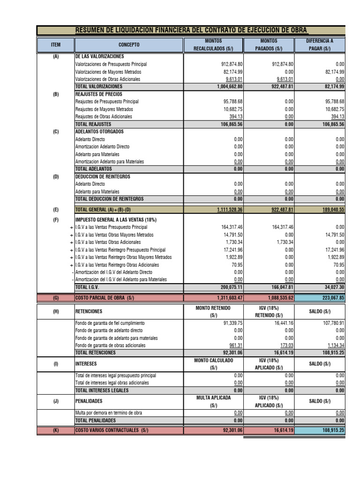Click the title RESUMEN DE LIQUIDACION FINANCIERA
coord(191,30)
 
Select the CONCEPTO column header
coord(128,45)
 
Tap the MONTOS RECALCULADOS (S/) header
coord(213,45)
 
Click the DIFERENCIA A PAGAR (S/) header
coord(320,45)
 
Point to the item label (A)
coord(56,56)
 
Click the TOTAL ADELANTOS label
coord(94,169)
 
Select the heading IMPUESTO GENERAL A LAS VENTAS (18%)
coord(116,220)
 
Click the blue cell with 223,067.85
coord(320,298)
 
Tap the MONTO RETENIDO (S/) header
coord(213,311)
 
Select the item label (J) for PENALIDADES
coord(56,401)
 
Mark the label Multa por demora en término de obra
coord(109,413)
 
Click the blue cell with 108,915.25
coord(320,430)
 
